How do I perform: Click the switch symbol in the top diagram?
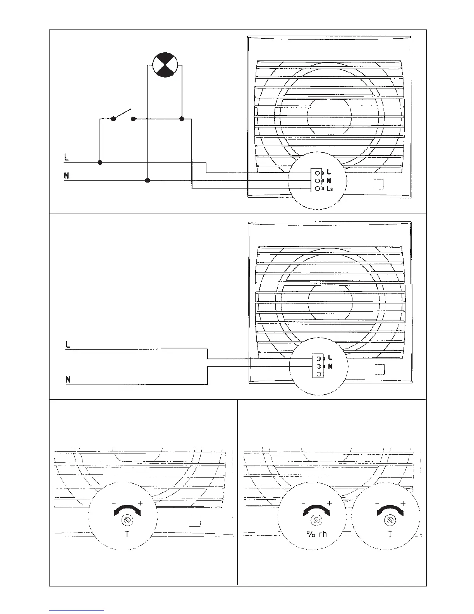click(123, 115)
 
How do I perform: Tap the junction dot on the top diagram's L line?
click(100, 162)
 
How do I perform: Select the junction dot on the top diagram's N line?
click(147, 180)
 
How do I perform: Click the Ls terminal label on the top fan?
click(330, 189)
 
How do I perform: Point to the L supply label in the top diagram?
click(66, 158)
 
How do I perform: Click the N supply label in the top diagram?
click(67, 176)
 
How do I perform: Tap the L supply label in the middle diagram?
click(68, 344)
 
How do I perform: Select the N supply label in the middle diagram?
click(68, 379)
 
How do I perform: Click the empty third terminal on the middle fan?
click(318, 374)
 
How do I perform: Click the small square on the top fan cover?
click(378, 184)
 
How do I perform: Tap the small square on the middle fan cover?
click(380, 370)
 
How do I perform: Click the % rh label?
click(316, 535)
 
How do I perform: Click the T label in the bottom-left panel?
click(127, 535)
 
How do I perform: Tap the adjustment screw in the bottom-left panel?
click(127, 519)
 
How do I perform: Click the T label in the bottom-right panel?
click(390, 535)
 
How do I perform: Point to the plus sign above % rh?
click(330, 503)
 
